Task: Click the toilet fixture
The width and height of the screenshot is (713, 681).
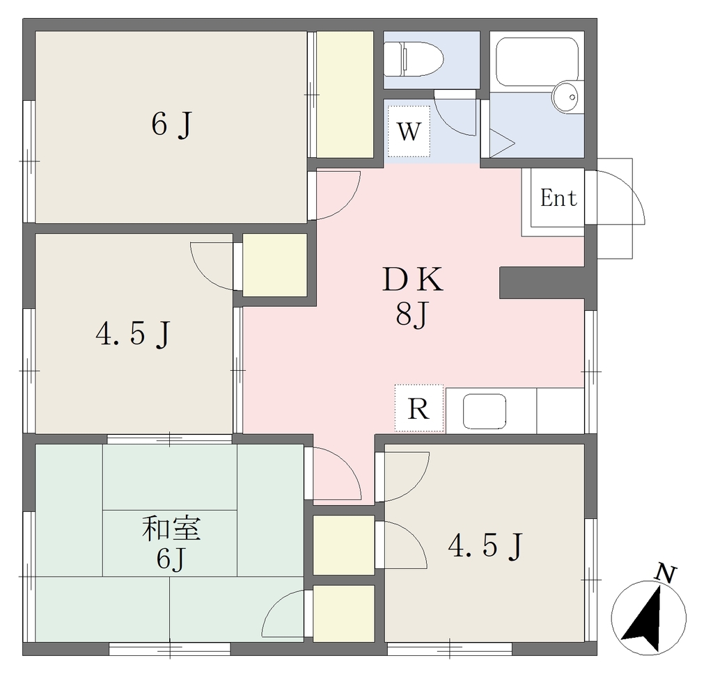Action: (414, 59)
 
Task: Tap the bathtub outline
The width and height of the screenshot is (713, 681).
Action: (537, 62)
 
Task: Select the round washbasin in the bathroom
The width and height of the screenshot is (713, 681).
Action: (565, 97)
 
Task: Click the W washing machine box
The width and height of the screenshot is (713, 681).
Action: (409, 131)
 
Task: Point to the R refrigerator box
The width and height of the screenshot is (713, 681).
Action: (418, 408)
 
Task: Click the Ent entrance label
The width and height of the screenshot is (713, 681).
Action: (558, 198)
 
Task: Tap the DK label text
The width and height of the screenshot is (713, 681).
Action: (413, 280)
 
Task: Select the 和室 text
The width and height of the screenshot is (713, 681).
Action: (171, 529)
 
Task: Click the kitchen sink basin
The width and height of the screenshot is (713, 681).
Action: (485, 411)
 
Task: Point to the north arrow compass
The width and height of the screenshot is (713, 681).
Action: (649, 618)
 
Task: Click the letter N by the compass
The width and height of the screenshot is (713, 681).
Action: (666, 573)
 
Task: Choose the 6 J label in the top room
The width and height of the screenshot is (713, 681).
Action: (171, 125)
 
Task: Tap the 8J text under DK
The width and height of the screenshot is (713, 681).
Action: (412, 314)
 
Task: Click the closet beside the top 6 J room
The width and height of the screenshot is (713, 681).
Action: (345, 95)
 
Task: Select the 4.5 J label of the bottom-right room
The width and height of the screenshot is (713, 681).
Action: (486, 546)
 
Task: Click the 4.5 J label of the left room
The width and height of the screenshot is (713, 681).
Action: (133, 335)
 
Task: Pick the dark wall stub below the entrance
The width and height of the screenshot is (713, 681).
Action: (542, 282)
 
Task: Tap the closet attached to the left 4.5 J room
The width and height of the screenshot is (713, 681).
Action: (274, 265)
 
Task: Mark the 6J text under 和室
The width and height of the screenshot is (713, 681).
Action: (171, 559)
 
